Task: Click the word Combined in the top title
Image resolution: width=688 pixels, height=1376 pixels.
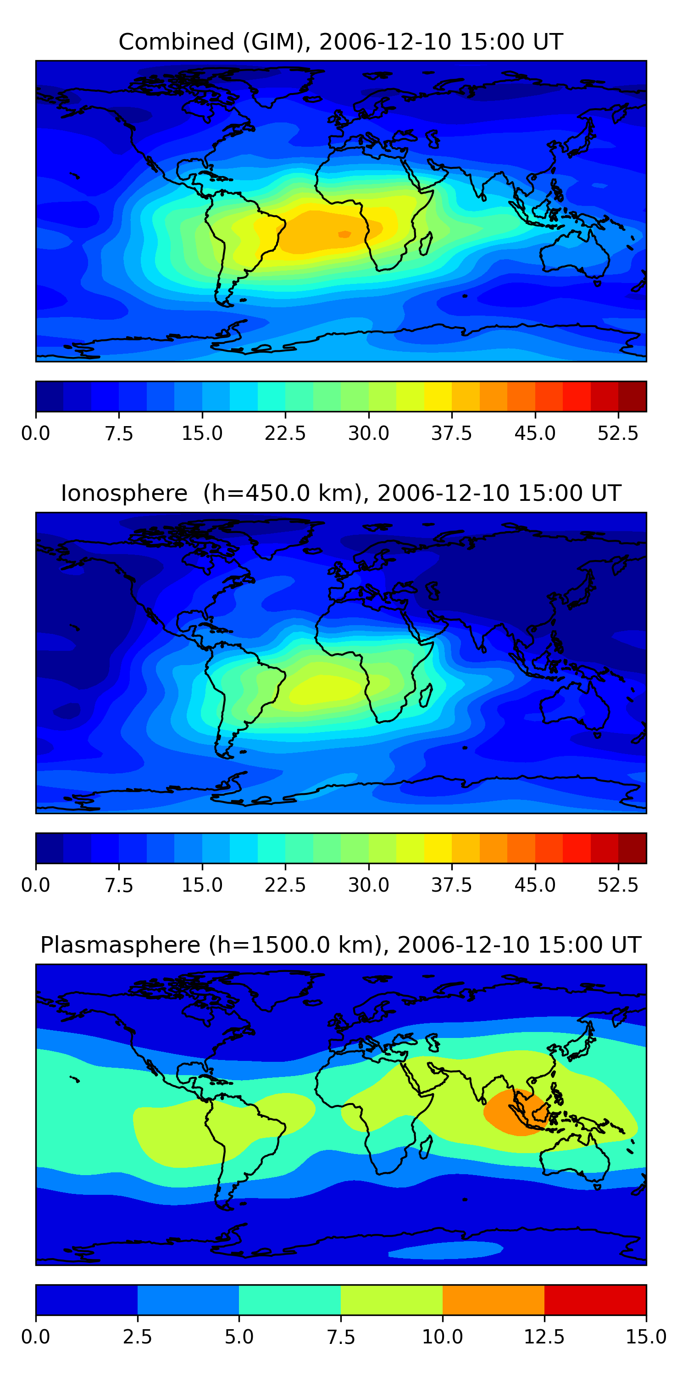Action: (176, 42)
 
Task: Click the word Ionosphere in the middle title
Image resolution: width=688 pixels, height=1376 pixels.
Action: (124, 493)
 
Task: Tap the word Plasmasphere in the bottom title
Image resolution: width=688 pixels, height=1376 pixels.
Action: (120, 945)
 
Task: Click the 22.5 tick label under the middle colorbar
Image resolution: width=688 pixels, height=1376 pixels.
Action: (285, 885)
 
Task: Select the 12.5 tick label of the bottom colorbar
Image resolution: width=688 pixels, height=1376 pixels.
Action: (544, 1337)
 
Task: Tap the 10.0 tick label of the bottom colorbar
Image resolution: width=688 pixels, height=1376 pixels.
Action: (442, 1337)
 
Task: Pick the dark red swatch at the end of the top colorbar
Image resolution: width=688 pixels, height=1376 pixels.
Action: (632, 396)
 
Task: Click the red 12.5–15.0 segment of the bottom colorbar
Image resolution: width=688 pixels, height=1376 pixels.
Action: (595, 1299)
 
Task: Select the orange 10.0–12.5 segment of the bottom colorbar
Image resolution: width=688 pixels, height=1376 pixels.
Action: (493, 1299)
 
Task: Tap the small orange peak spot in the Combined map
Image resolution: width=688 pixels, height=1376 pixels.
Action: (344, 234)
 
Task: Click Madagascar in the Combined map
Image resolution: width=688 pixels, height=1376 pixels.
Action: (426, 244)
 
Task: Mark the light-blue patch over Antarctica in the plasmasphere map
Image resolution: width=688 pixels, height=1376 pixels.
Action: (446, 1250)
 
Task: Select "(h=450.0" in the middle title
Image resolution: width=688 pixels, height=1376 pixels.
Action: (256, 493)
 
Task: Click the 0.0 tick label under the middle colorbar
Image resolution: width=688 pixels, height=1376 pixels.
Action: (35, 885)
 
